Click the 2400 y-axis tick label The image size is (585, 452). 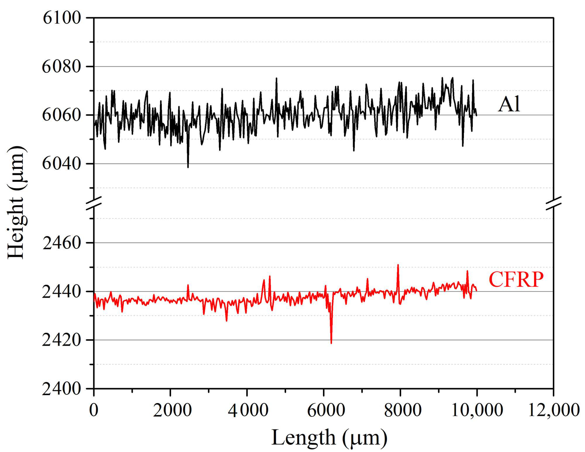pyautogui.click(x=62, y=389)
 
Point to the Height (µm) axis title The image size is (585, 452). pyautogui.click(x=17, y=203)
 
